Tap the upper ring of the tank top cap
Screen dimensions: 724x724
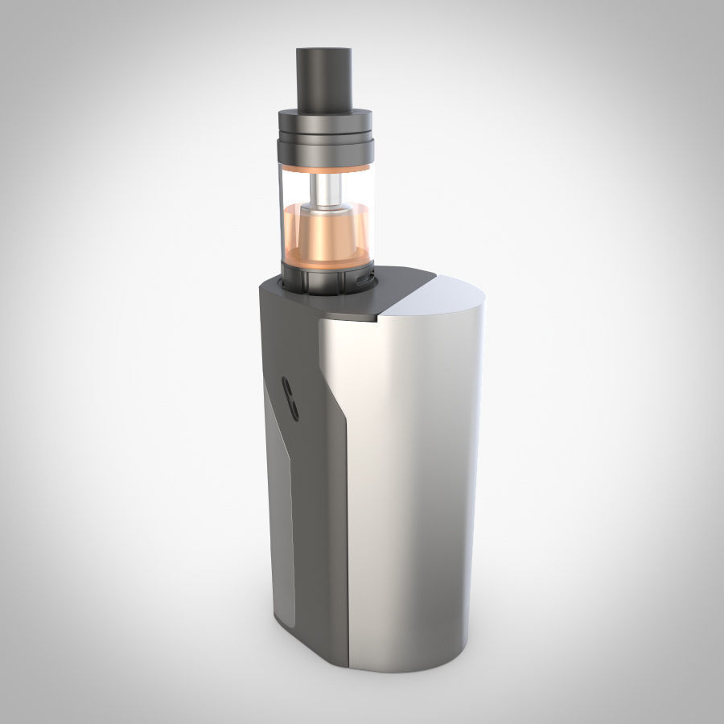coord(325,117)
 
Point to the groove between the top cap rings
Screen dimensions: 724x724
coord(325,130)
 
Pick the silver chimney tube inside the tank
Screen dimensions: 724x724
coord(325,193)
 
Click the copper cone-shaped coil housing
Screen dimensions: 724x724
coord(325,241)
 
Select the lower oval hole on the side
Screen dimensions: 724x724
coord(293,411)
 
